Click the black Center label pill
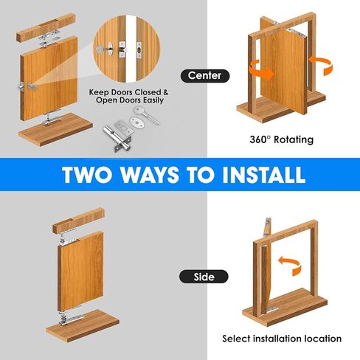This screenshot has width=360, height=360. click(x=205, y=76)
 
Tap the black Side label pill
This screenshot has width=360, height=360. click(x=204, y=277)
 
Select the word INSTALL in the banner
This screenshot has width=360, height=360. click(x=263, y=175)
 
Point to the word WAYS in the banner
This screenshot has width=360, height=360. click(x=150, y=175)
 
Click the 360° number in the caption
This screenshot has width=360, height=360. click(x=259, y=139)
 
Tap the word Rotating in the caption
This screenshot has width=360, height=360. click(x=294, y=139)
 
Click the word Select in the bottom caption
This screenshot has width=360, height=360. click(x=236, y=339)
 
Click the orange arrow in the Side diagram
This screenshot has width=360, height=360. click(x=290, y=266)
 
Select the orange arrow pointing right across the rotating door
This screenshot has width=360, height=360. click(x=261, y=70)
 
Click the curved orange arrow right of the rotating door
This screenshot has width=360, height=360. click(x=321, y=64)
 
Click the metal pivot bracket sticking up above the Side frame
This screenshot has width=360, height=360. click(x=268, y=226)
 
